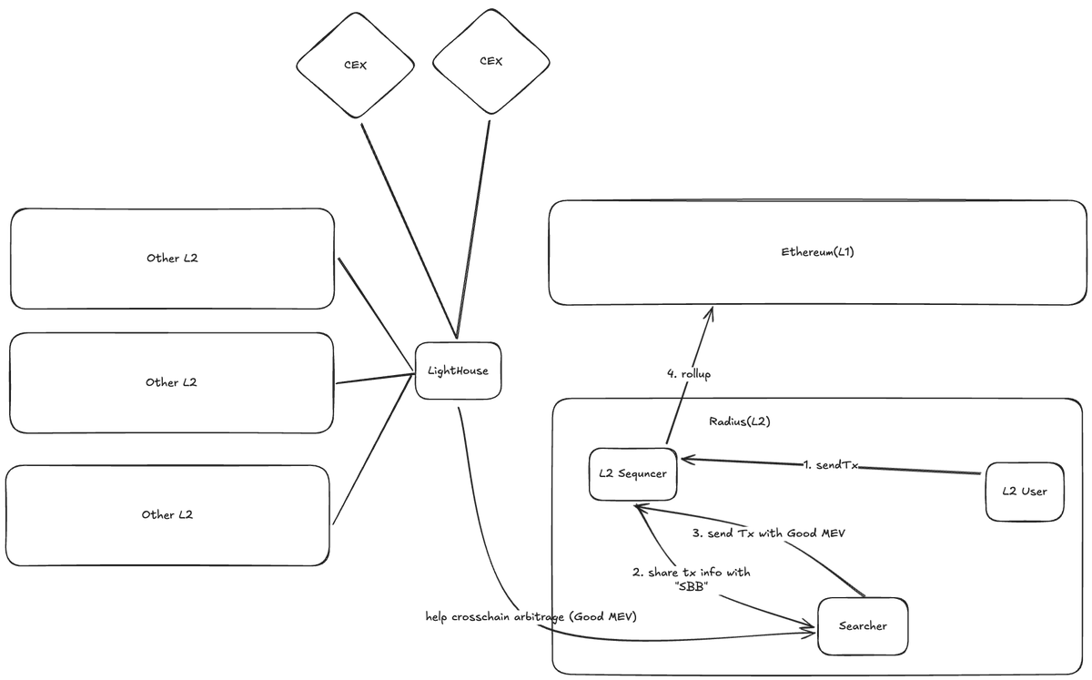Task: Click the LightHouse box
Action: click(x=458, y=370)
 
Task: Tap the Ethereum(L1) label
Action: click(x=817, y=252)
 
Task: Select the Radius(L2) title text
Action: click(x=740, y=421)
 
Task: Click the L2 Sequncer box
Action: click(x=632, y=474)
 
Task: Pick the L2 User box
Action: click(x=1025, y=492)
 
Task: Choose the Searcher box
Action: click(x=863, y=626)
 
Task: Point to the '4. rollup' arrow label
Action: click(x=689, y=374)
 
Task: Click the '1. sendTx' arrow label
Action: click(x=831, y=465)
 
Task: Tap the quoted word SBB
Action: click(x=692, y=587)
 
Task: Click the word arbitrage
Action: click(x=539, y=617)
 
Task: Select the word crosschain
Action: click(x=480, y=617)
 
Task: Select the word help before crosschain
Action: click(x=436, y=617)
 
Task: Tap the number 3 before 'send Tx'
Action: click(x=696, y=533)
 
